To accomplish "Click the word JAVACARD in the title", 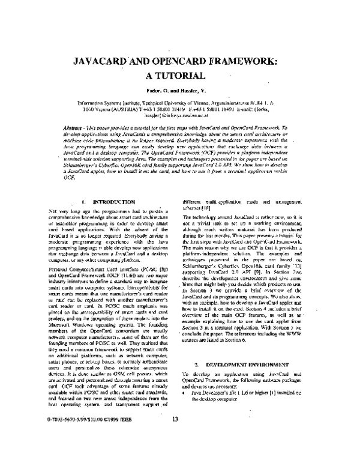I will [x=103, y=62].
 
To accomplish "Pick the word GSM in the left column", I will [x=108, y=371].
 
